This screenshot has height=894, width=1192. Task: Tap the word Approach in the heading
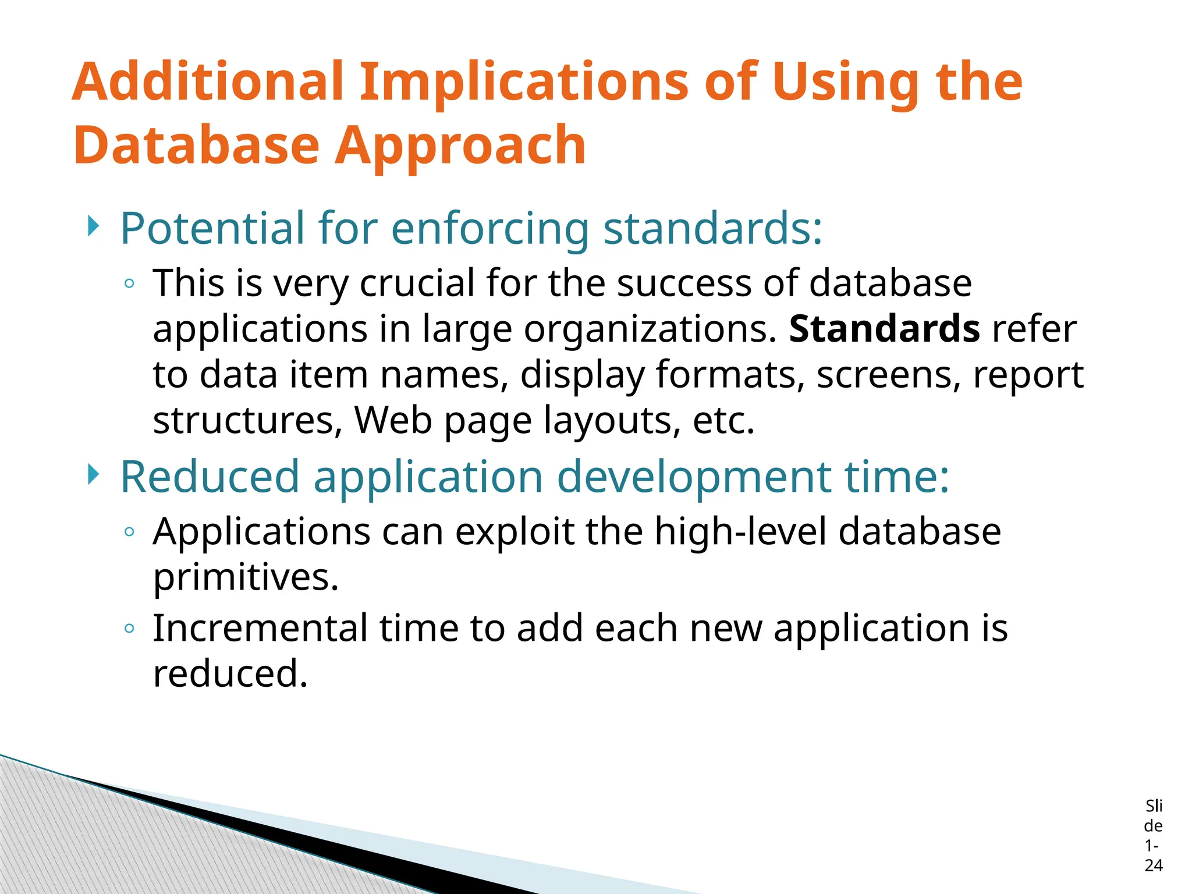click(x=461, y=146)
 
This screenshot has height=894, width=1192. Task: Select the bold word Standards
click(x=884, y=329)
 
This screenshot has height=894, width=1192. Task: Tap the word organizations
click(x=650, y=330)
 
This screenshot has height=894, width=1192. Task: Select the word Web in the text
click(x=393, y=420)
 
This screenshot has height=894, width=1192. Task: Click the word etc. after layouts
click(x=723, y=420)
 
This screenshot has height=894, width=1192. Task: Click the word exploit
click(x=515, y=531)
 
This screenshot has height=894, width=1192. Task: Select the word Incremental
click(x=260, y=629)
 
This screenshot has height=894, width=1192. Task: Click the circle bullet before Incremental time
click(x=130, y=629)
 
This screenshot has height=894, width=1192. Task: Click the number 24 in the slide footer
click(x=1153, y=865)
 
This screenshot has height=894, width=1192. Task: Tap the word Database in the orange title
click(x=197, y=146)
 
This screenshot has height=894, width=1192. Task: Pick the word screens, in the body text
click(x=888, y=375)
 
